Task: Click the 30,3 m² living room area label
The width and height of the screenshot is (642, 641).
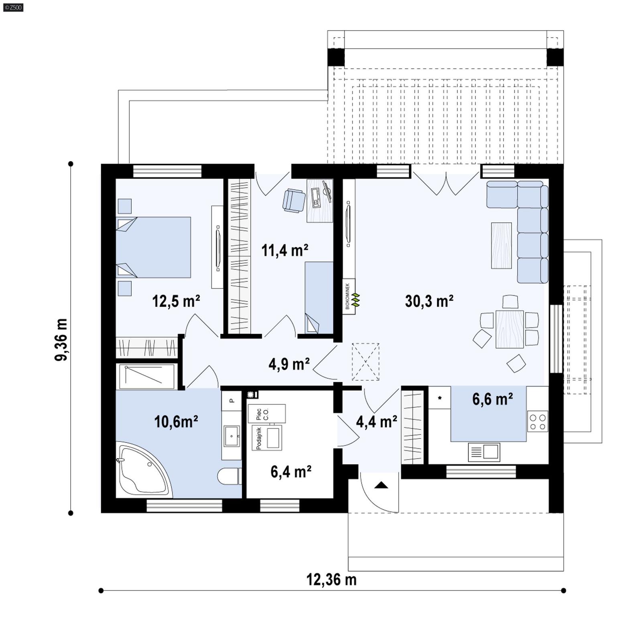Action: (x=429, y=301)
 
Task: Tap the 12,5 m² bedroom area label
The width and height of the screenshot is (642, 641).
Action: (x=176, y=301)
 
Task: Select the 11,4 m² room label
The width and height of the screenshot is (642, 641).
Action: (x=284, y=250)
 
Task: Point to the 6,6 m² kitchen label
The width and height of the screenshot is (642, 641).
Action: (x=492, y=400)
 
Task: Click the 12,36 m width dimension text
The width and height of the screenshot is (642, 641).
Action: (x=331, y=580)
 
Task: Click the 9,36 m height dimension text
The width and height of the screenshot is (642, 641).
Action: (x=61, y=340)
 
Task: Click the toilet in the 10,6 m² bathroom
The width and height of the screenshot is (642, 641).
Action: (x=229, y=477)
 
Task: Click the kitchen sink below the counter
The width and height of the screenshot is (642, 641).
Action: (x=484, y=452)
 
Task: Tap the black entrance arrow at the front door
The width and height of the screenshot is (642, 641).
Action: (x=381, y=486)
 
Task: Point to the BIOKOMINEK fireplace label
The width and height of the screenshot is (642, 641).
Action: (x=348, y=296)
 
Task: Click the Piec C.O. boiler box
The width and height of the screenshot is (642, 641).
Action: (x=266, y=413)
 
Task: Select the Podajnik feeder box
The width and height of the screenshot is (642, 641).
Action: (x=267, y=438)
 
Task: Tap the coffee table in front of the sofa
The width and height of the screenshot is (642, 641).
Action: (x=501, y=246)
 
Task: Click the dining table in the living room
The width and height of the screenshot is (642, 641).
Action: (x=509, y=329)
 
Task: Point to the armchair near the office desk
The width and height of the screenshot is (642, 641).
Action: (x=294, y=200)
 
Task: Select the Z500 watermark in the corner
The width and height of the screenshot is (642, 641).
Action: (x=13, y=7)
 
